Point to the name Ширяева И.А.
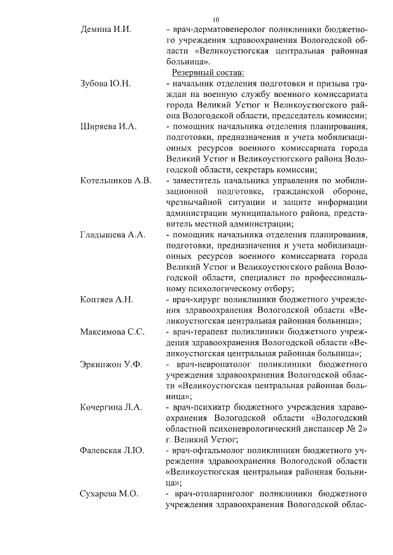coord(108,128)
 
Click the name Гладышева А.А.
coord(113,235)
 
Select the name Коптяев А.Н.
coord(107,300)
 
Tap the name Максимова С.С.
coord(112,332)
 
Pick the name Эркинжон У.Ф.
coord(111,364)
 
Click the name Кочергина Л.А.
coord(111,407)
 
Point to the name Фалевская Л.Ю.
coord(112,451)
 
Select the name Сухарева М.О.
coord(110,494)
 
